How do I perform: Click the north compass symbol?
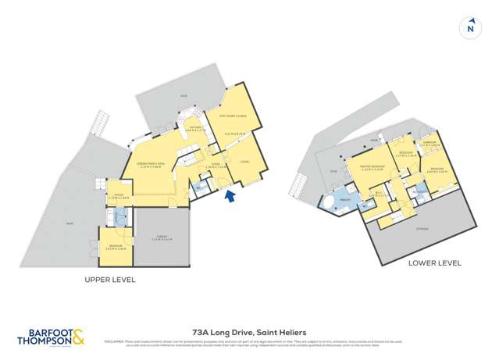click(x=469, y=27)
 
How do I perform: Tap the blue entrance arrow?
click(x=229, y=198)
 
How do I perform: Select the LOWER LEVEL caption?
click(x=434, y=264)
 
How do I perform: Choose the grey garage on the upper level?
click(x=162, y=238)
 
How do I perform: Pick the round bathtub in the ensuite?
click(x=333, y=205)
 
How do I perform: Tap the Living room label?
click(x=244, y=162)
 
